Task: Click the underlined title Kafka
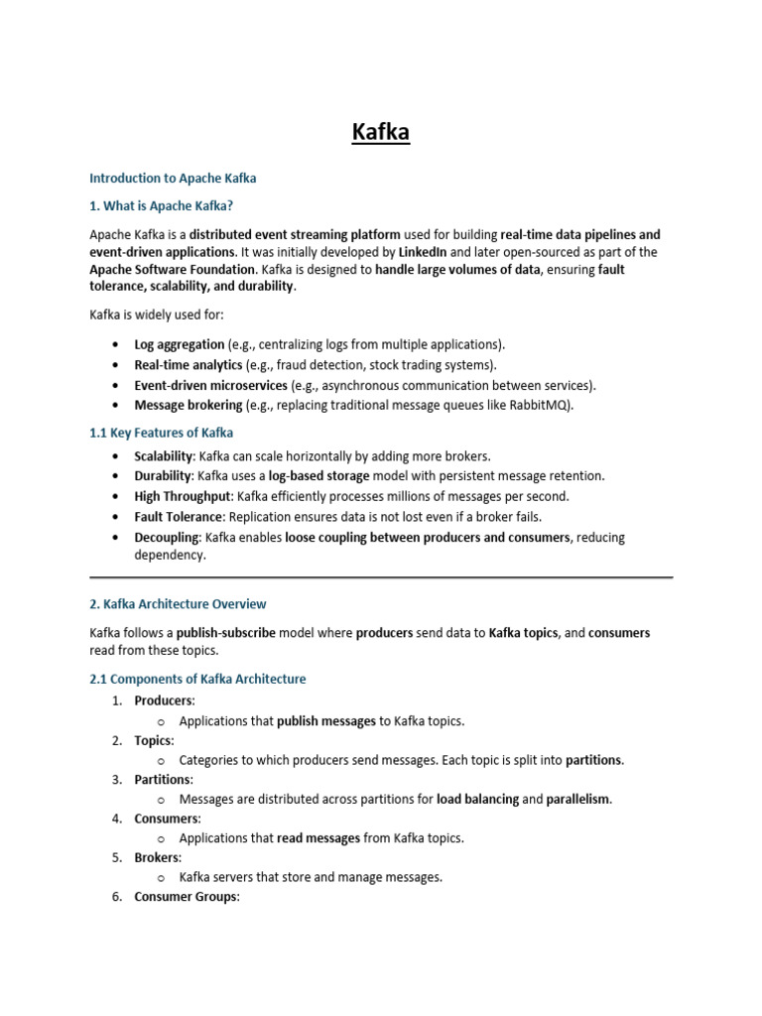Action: (381, 131)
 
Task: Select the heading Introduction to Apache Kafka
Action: (173, 179)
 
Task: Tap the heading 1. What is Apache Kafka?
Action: (161, 206)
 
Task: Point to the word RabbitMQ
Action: (539, 405)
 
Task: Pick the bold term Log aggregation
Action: (180, 344)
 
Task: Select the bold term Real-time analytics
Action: (189, 365)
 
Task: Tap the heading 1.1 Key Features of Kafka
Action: (161, 433)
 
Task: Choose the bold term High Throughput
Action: (184, 496)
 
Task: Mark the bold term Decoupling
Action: (168, 537)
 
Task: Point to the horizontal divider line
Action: (381, 576)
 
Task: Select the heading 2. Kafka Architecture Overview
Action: (178, 603)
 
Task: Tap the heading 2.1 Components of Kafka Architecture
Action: (197, 679)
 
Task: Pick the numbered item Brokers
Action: (158, 857)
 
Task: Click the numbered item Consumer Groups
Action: (187, 897)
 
